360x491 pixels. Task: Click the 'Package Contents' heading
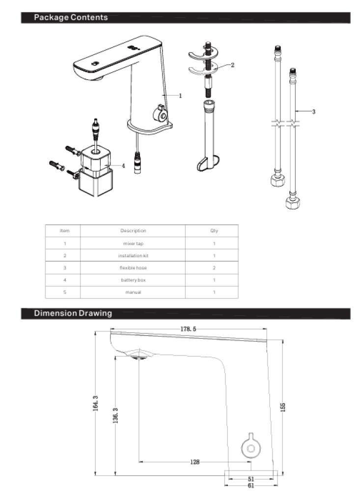[71, 17]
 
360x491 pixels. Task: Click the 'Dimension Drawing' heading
[73, 313]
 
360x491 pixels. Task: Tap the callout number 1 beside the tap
[180, 96]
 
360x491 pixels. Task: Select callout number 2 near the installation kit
[232, 65]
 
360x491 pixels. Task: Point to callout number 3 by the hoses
[314, 111]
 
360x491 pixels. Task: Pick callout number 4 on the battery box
[123, 165]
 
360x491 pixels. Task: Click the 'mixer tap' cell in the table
[133, 244]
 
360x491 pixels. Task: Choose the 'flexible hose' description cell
[133, 268]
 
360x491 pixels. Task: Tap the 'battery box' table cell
[133, 280]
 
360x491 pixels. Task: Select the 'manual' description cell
[133, 292]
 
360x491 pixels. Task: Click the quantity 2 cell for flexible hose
[214, 268]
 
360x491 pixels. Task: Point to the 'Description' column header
[133, 230]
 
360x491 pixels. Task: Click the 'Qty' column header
[214, 230]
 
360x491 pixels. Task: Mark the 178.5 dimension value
[188, 329]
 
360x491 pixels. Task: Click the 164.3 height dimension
[96, 403]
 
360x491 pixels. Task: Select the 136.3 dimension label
[115, 415]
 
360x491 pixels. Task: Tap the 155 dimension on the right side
[283, 407]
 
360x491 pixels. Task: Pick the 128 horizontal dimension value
[195, 462]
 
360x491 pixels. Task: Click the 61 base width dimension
[250, 486]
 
